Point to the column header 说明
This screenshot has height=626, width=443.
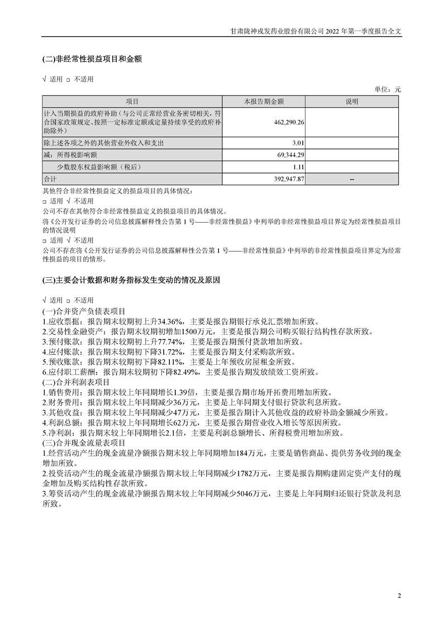coord(353,102)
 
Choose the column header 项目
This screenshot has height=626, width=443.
coord(132,102)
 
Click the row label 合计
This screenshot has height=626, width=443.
coord(50,180)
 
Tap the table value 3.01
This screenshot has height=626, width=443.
coord(298,143)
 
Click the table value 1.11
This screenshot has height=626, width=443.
coord(298,166)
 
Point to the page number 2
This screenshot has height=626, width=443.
coord(399,596)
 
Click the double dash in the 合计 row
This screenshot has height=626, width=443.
coord(353,180)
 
